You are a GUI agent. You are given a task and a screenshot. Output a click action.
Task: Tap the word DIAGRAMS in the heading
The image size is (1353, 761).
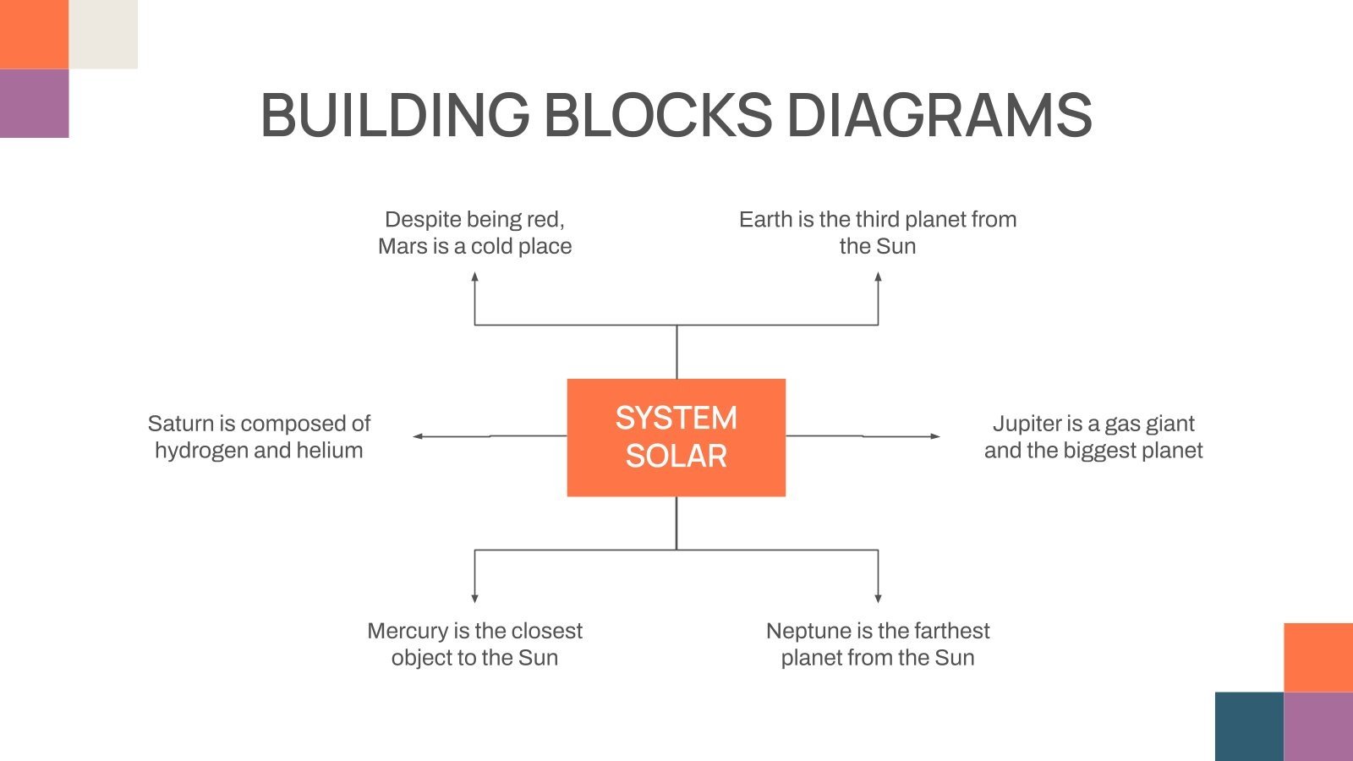(939, 115)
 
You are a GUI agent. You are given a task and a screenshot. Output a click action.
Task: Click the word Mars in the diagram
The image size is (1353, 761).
(403, 246)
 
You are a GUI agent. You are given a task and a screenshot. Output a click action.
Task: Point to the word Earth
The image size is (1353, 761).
(765, 219)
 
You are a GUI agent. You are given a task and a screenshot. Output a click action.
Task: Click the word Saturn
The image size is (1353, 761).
(180, 423)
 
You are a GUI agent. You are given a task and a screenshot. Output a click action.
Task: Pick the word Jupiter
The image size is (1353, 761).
(1027, 423)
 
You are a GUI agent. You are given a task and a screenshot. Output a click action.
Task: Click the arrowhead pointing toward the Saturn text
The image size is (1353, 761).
(418, 436)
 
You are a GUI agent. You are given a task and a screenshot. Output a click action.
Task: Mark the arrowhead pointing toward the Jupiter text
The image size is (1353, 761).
(934, 436)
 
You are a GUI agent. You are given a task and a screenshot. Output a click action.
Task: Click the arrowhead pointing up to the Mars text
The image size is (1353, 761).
(474, 276)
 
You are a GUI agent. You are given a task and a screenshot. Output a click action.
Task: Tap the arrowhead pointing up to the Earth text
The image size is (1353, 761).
(878, 276)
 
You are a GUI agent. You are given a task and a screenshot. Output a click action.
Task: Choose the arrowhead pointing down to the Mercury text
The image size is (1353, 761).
(474, 598)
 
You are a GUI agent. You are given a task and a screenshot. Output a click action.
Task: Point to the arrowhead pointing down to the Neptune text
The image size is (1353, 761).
(878, 598)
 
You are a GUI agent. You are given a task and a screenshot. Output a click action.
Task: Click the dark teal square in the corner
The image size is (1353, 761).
(1249, 726)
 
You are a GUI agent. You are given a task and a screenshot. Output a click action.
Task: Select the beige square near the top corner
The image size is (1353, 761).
(103, 34)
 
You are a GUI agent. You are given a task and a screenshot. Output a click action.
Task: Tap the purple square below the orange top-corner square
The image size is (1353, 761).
(34, 103)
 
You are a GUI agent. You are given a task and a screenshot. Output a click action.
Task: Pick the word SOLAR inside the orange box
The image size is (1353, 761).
(676, 457)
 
